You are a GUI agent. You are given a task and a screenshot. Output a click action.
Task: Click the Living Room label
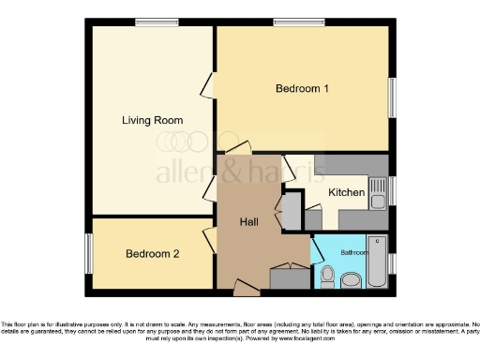(152, 120)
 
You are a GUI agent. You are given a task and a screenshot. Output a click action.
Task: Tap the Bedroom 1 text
(302, 89)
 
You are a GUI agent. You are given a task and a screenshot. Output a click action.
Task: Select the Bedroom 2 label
(153, 253)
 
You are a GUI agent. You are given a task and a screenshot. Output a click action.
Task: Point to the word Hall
(248, 222)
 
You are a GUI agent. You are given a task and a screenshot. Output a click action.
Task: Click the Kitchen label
(346, 192)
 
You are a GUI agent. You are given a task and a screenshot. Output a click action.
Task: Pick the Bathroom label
(353, 252)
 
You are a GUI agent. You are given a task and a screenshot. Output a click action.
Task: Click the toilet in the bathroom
(327, 276)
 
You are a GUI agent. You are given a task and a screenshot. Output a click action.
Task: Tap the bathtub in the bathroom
(377, 263)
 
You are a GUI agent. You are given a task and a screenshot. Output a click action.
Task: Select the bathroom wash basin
(352, 279)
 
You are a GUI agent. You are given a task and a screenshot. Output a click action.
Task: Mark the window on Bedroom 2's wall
(89, 253)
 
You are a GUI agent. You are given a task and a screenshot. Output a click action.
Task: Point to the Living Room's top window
(157, 22)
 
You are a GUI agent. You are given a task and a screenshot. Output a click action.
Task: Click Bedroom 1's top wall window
(286, 22)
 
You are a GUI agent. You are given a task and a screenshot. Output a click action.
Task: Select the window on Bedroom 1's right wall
(391, 97)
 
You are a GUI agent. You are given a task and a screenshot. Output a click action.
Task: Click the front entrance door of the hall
(246, 290)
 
